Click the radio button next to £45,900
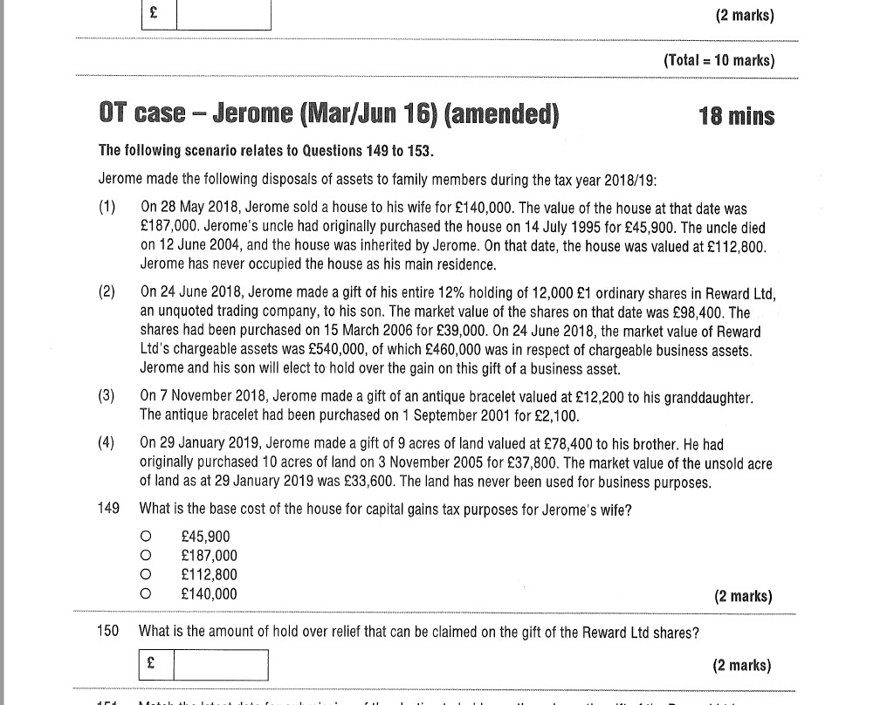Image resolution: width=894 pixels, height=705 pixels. coord(146,537)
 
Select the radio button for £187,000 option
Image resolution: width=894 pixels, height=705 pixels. coord(146,556)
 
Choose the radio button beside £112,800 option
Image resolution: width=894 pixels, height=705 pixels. coord(146,575)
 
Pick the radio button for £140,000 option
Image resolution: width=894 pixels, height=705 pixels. coord(146,594)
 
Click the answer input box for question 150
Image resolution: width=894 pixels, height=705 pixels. coord(220,665)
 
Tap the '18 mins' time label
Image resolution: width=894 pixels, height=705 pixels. coord(736,116)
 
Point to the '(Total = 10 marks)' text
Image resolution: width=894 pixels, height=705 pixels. coord(719,60)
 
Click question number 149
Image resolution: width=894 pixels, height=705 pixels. coord(108,509)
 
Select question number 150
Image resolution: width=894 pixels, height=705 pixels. coord(108,632)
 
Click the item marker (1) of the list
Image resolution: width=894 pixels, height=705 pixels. coord(107,209)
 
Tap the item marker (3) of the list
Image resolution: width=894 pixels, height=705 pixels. coord(107,396)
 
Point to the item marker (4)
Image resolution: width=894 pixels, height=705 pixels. coord(107,443)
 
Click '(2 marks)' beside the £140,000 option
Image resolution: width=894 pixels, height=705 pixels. coord(743,597)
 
